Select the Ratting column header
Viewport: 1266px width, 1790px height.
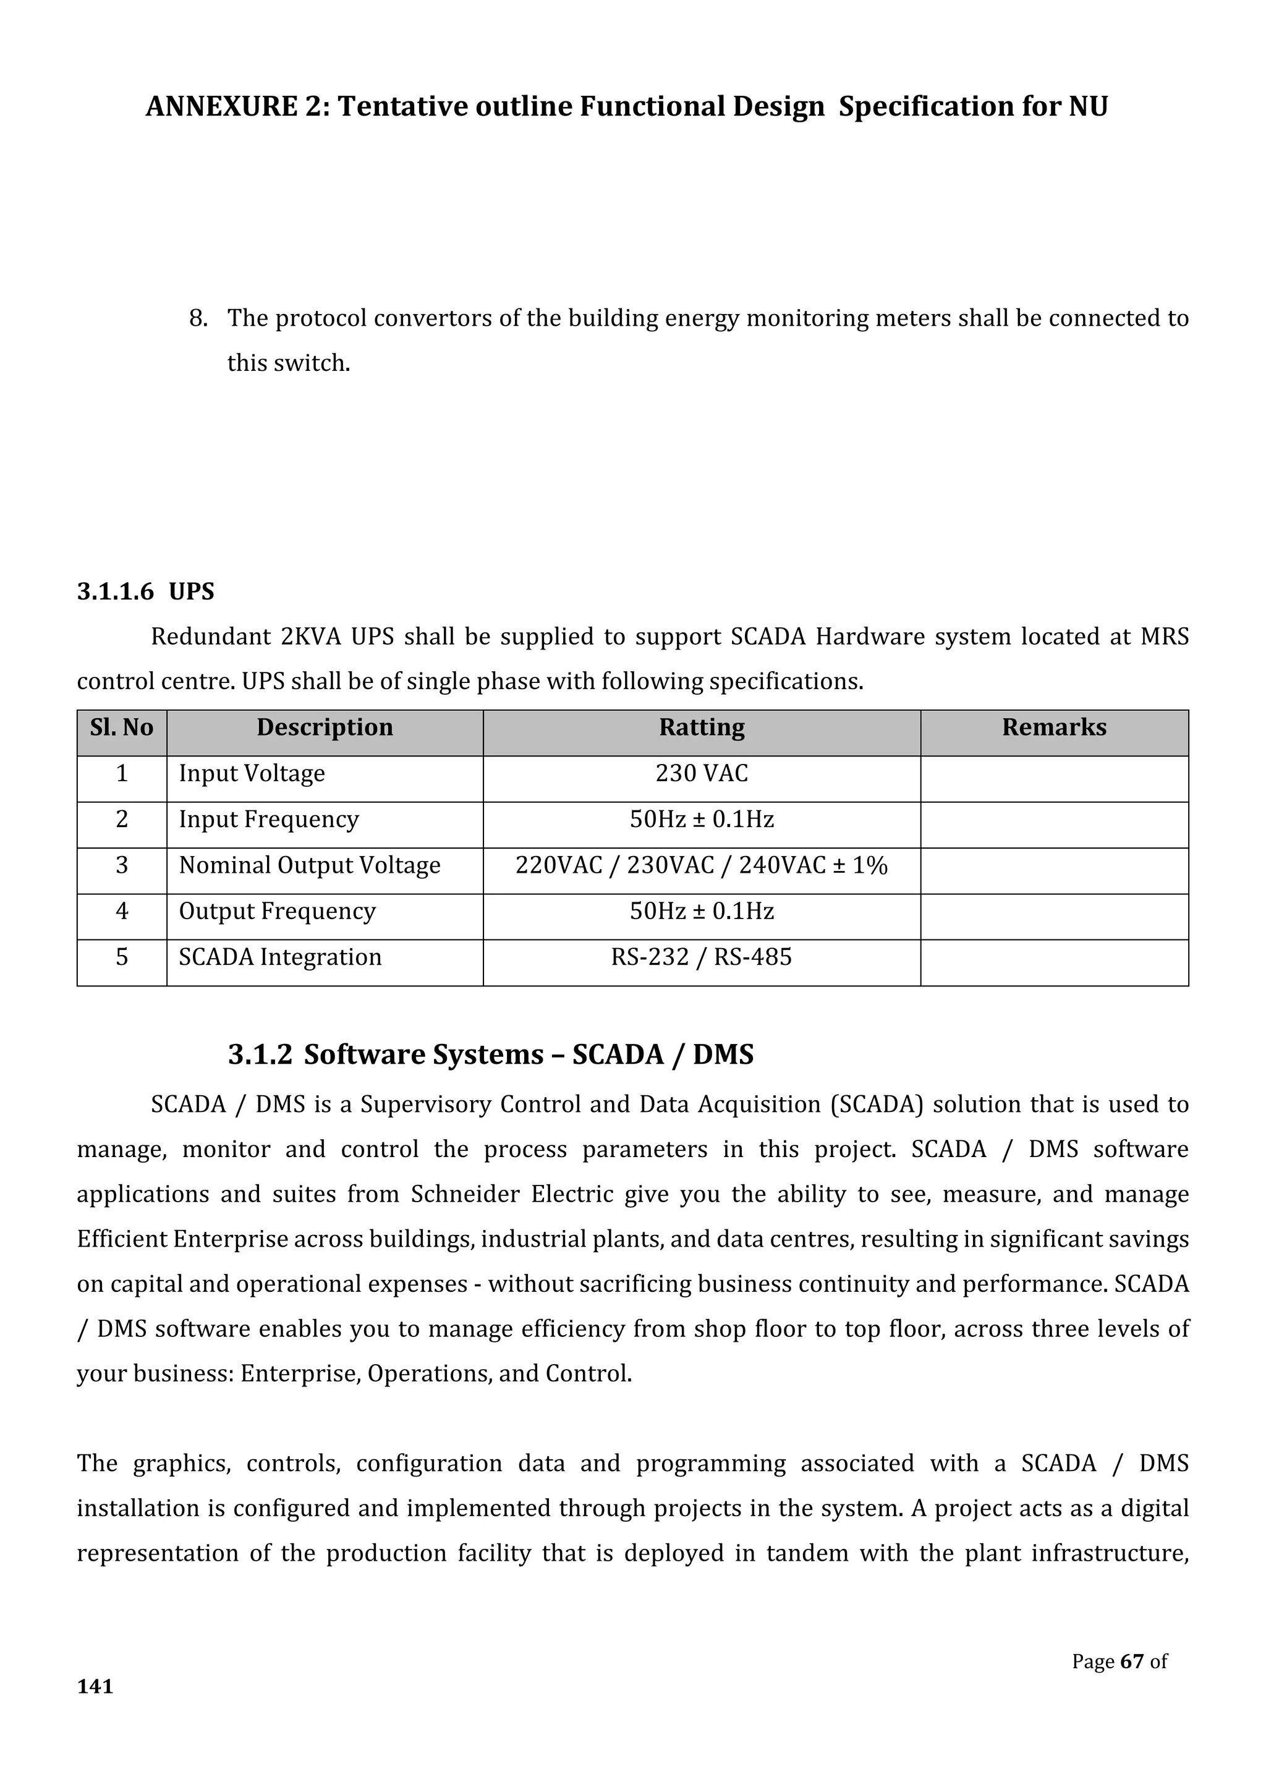(x=702, y=727)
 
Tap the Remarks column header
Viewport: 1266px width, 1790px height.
(x=1054, y=727)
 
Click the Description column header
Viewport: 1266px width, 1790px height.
(x=325, y=727)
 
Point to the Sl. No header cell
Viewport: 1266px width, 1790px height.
(x=122, y=727)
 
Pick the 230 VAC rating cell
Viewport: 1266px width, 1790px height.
(x=702, y=773)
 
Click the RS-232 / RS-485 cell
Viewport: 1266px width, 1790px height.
(x=702, y=957)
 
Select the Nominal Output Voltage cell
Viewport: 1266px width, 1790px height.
(x=310, y=865)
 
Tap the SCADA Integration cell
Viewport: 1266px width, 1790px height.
(x=280, y=957)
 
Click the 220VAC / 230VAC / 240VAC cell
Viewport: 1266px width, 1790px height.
(x=702, y=865)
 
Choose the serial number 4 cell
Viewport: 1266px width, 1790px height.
(x=122, y=911)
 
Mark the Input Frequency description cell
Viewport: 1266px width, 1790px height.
(x=269, y=820)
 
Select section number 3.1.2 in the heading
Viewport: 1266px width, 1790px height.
(x=260, y=1055)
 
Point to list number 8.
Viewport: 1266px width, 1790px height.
(x=198, y=319)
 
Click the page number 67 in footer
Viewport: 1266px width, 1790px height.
(x=1131, y=1661)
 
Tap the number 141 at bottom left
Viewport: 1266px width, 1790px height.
(x=95, y=1686)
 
